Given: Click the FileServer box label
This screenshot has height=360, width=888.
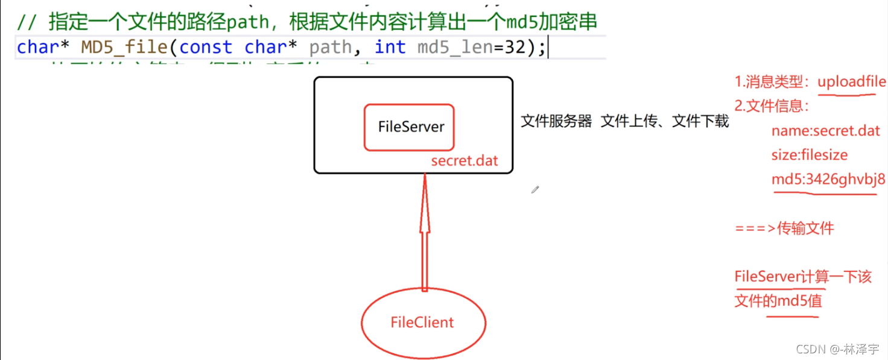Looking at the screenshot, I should [411, 127].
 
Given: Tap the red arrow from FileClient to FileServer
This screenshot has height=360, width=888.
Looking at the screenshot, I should [425, 235].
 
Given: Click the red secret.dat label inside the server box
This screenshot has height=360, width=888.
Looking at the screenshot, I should [465, 162].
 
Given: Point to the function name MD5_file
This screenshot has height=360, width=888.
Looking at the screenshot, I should [123, 47].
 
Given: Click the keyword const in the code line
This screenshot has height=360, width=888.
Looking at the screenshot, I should [205, 47].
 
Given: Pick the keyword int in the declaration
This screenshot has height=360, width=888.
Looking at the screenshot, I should [390, 47].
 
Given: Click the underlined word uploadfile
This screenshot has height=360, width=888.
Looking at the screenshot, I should [852, 82].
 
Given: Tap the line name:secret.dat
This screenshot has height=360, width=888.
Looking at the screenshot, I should [825, 131].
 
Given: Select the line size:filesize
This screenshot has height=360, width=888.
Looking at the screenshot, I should [809, 155].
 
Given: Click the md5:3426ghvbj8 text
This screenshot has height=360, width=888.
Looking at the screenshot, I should [828, 179].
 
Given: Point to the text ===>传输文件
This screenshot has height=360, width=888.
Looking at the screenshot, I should [784, 229].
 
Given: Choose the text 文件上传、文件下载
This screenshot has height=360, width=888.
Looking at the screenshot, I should [665, 121].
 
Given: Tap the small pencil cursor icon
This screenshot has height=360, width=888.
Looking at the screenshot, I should [534, 190].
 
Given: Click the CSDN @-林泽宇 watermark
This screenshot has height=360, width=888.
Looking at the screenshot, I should [837, 349].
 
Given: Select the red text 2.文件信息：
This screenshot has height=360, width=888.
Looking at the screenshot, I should [772, 106].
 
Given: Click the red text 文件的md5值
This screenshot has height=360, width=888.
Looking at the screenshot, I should [778, 300].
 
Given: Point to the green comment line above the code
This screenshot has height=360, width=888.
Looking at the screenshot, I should [306, 22].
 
